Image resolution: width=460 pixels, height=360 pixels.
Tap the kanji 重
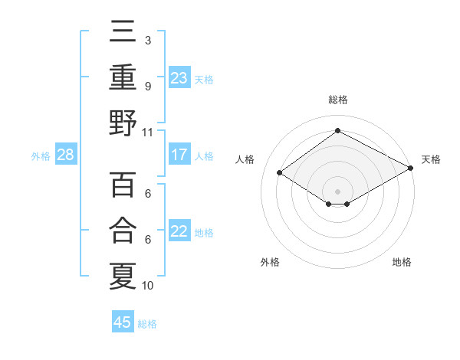(x=123, y=78)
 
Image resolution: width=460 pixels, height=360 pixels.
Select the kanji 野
(x=123, y=123)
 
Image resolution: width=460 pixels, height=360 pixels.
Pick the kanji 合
(x=123, y=230)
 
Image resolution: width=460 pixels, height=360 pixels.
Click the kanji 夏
(x=123, y=274)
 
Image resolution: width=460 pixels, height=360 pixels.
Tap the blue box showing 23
(x=179, y=78)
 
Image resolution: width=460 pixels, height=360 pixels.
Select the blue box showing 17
(x=179, y=155)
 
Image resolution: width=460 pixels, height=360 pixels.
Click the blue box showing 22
(x=179, y=231)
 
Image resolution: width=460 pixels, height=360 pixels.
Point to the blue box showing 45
(x=123, y=322)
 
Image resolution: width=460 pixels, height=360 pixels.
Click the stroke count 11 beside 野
(x=148, y=132)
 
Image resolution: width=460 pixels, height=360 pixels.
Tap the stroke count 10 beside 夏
(x=148, y=286)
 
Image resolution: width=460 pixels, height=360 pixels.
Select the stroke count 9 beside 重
(x=148, y=87)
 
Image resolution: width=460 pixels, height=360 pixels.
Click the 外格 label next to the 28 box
(x=41, y=156)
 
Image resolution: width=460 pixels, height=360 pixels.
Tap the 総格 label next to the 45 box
(x=147, y=324)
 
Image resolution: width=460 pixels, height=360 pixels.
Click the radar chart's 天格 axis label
(x=431, y=159)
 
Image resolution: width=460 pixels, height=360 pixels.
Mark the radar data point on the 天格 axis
(x=411, y=168)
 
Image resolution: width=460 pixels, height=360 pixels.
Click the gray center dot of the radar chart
(x=337, y=191)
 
